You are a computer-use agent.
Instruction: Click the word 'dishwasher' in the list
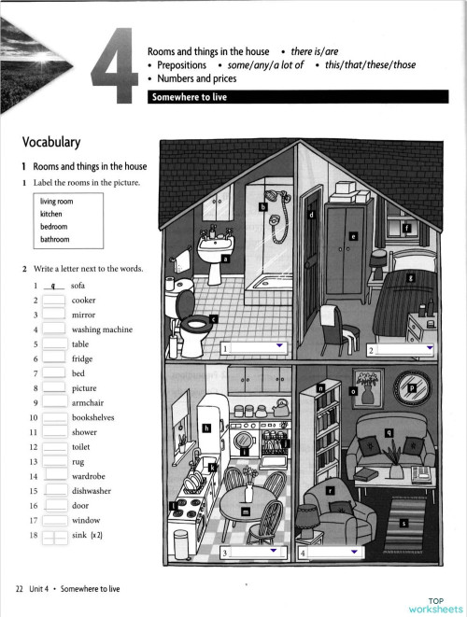[x=92, y=490]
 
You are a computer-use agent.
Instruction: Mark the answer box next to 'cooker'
[x=53, y=301]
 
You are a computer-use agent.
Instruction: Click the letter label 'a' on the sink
[x=225, y=259]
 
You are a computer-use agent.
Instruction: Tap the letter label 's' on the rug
[x=403, y=523]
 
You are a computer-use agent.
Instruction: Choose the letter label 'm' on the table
[x=245, y=512]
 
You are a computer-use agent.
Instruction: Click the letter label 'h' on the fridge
[x=206, y=428]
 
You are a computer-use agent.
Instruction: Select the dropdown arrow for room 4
[x=352, y=553]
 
